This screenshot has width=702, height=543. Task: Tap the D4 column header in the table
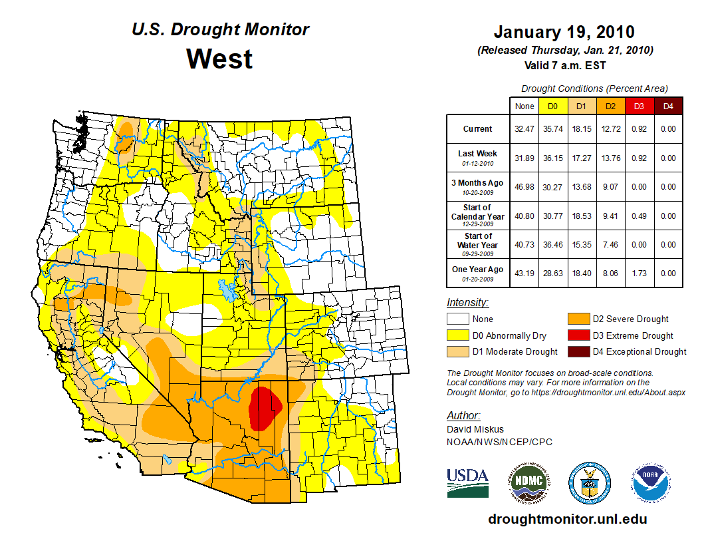pyautogui.click(x=667, y=106)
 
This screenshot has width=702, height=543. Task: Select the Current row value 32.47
pyautogui.click(x=524, y=129)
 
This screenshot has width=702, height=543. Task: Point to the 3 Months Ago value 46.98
pyautogui.click(x=524, y=187)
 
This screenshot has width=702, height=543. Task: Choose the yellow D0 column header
pyautogui.click(x=552, y=106)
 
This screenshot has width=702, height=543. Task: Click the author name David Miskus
pyautogui.click(x=476, y=429)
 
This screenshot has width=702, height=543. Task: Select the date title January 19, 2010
pyautogui.click(x=564, y=32)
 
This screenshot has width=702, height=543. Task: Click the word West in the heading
pyautogui.click(x=219, y=59)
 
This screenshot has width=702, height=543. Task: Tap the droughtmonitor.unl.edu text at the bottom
pyautogui.click(x=567, y=519)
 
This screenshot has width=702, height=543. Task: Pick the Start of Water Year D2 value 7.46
pyautogui.click(x=610, y=244)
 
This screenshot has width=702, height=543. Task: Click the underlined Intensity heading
pyautogui.click(x=467, y=302)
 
